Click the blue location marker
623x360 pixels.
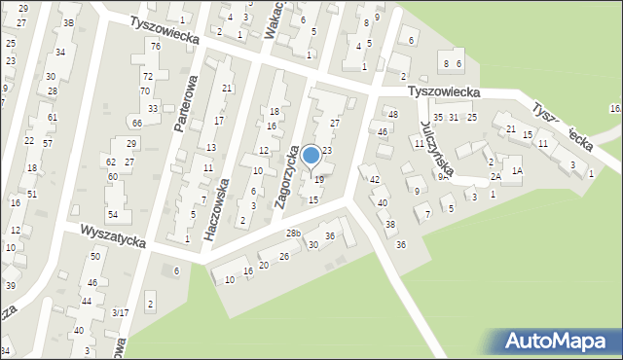point(311,155)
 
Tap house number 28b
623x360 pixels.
point(293,234)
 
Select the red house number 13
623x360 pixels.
point(211,147)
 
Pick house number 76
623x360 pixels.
point(155,47)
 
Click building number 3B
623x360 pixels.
point(68,22)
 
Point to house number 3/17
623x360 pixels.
point(120,312)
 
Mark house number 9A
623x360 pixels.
point(443,177)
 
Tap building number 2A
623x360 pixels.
point(495,176)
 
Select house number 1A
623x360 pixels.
point(518,170)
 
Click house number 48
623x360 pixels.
point(393,115)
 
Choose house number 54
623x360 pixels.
point(113,214)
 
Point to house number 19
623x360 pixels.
point(318,180)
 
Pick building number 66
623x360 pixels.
point(137,123)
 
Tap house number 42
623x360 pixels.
point(374,179)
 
